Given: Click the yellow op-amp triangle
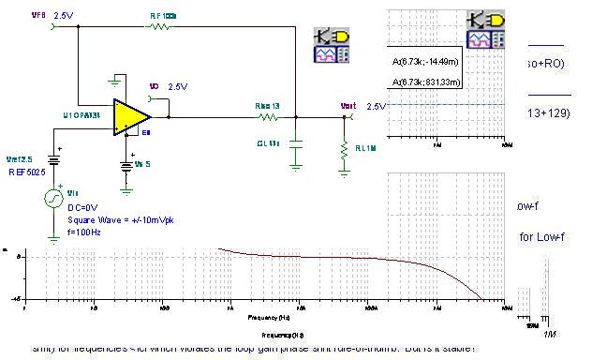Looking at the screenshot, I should (129, 115).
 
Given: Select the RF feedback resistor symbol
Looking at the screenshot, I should (160, 28).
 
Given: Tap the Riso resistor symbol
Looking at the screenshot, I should (268, 117).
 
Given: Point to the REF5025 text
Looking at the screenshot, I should (25, 172).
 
